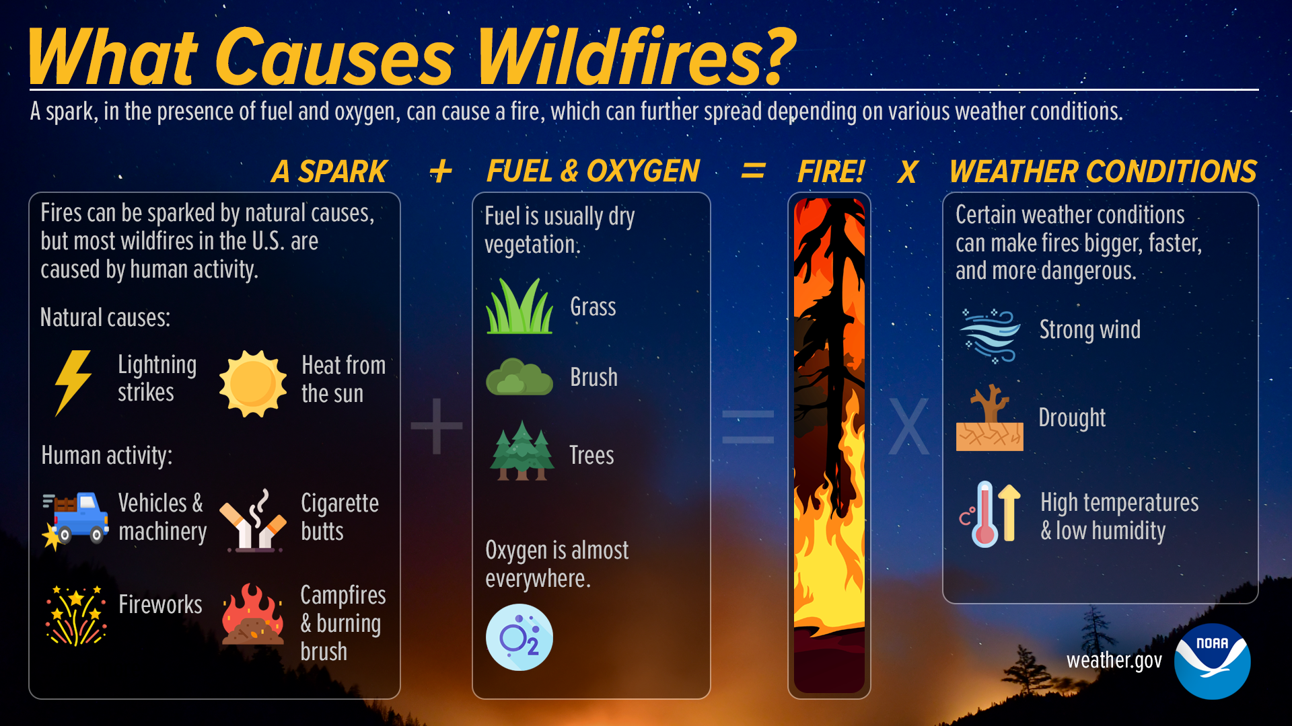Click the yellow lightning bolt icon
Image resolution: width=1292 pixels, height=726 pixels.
[73, 382]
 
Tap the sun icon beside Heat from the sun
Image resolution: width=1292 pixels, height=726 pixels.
[252, 383]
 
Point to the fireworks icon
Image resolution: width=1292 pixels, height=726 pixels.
[75, 614]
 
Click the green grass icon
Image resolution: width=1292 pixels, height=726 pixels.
[519, 307]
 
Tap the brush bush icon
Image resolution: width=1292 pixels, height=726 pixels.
[519, 377]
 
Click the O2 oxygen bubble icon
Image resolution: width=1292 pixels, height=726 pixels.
[519, 637]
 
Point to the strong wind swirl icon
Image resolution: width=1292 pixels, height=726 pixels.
[989, 335]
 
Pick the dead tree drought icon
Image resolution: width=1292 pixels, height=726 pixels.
[989, 418]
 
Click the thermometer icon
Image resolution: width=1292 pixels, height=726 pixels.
[986, 514]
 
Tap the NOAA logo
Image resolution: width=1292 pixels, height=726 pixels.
[1212, 661]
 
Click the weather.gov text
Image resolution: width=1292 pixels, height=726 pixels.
[1114, 661]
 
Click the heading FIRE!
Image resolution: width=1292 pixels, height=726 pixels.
[830, 171]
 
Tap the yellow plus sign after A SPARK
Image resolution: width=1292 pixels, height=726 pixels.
[441, 171]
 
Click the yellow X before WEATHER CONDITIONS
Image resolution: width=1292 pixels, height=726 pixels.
[907, 173]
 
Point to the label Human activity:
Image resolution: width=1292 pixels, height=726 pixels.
[106, 456]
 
